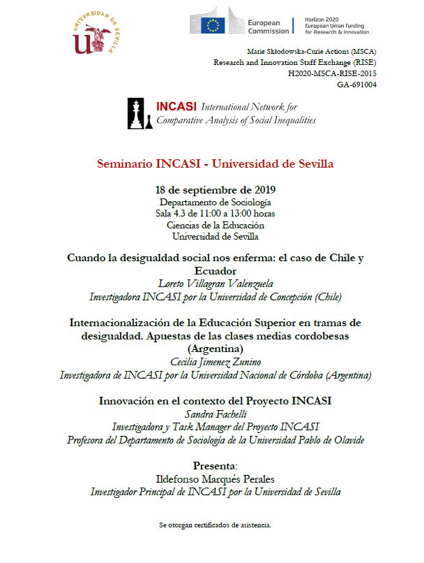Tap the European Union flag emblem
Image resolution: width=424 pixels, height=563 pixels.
[x=213, y=25]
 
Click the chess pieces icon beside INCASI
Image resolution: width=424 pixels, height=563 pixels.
[x=141, y=114]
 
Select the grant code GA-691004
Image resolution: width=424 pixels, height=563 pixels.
[x=356, y=85]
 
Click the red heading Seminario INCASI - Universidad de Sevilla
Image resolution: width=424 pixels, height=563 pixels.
[x=215, y=163]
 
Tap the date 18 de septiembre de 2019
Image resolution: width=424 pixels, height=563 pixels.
[x=215, y=190]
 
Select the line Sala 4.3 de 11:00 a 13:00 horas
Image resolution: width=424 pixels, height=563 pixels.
[x=215, y=213]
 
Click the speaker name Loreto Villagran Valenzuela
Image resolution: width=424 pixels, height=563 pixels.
[x=215, y=284]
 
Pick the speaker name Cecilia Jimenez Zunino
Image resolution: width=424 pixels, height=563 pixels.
[x=215, y=362]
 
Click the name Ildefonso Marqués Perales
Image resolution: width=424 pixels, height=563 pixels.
[x=215, y=478]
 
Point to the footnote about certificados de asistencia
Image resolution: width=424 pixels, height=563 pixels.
[x=215, y=524]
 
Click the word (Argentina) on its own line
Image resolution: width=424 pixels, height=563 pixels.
[x=215, y=349]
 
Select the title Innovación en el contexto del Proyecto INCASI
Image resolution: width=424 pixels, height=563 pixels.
[x=215, y=402]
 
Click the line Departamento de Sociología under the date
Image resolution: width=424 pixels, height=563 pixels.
[x=215, y=202]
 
